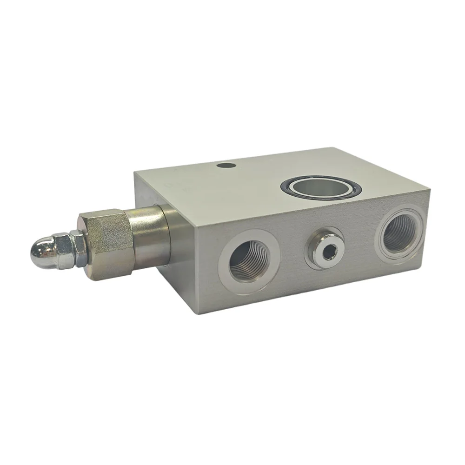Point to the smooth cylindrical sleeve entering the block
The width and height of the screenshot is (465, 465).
(x=148, y=235)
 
